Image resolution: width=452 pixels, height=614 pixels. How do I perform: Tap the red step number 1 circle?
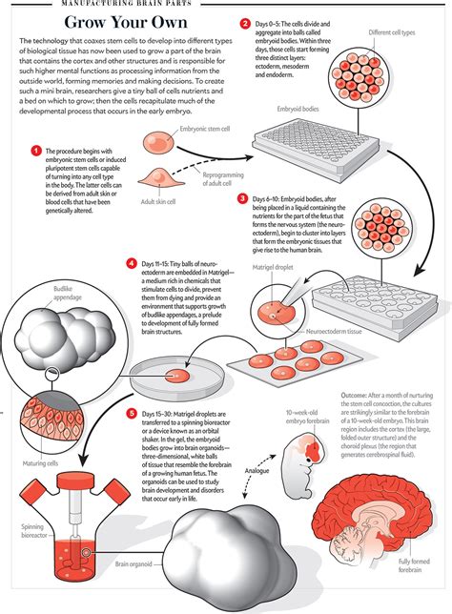click(x=35, y=151)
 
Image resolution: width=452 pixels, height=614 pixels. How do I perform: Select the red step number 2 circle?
click(x=245, y=23)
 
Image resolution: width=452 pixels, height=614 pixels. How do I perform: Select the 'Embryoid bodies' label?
click(x=297, y=109)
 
